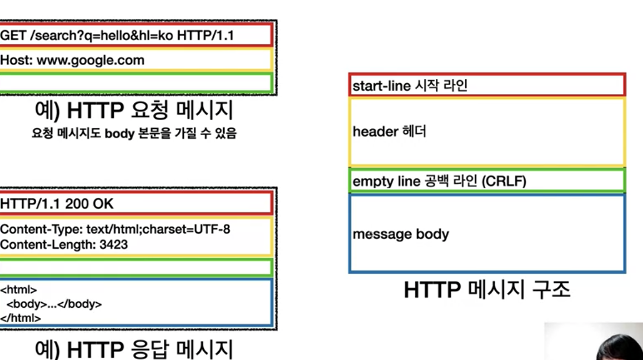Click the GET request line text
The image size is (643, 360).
pos(117,36)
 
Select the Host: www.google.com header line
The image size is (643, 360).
pos(72,60)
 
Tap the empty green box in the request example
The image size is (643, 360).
pos(135,83)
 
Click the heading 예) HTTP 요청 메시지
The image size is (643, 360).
pos(133,111)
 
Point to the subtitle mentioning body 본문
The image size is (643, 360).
pos(134,134)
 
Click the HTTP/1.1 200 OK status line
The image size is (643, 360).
pos(57,204)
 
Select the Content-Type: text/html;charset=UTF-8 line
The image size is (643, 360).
pos(115,229)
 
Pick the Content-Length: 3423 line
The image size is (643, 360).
pos(64,244)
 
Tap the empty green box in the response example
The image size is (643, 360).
pos(135,268)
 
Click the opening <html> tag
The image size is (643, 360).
pos(18,290)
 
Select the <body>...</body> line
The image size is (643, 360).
pos(54,304)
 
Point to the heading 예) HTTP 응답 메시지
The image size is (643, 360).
pos(133,349)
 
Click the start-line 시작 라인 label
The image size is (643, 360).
pos(410,86)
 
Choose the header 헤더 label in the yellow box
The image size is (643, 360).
pos(389,132)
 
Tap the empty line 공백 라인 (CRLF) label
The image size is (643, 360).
pos(439,181)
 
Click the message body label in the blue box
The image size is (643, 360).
pos(400,234)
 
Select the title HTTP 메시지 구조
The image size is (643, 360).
pos(486,290)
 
